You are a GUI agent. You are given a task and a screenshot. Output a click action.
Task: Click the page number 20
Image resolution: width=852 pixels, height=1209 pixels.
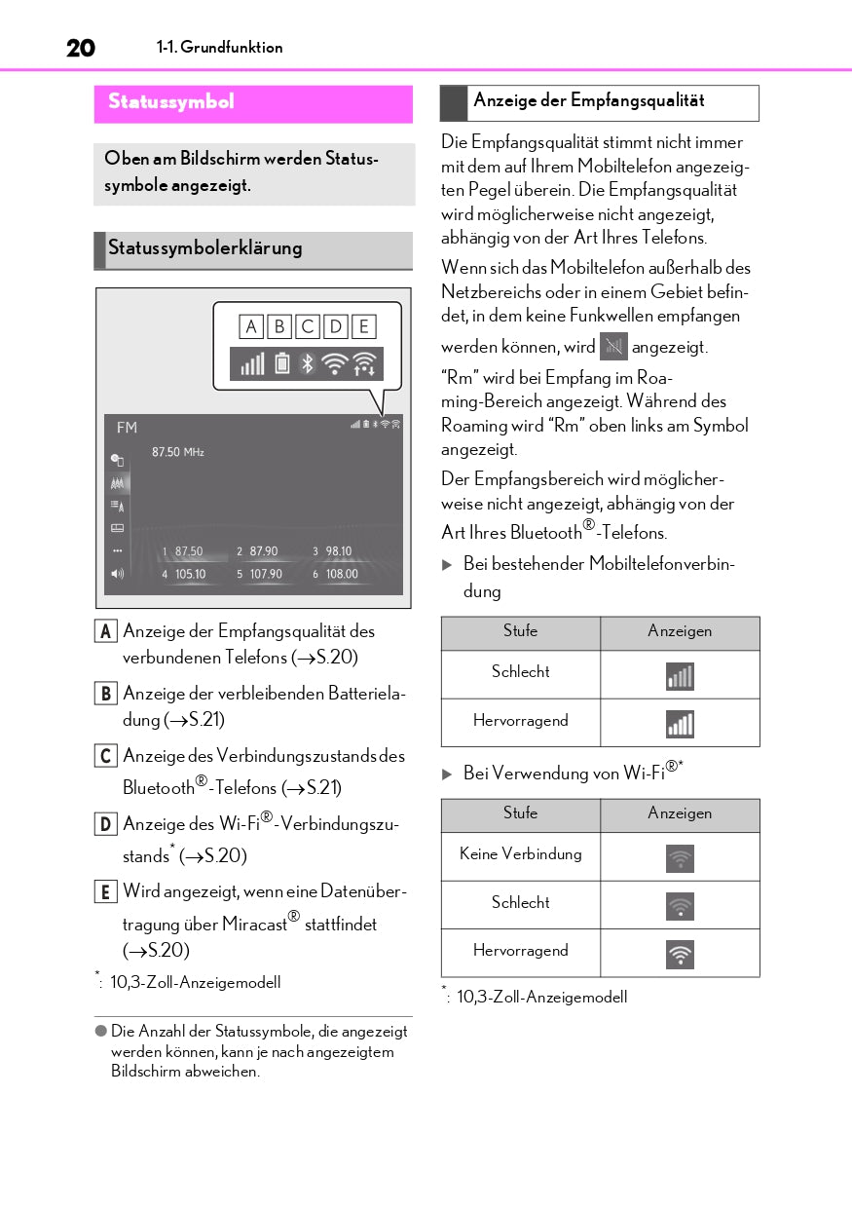click(80, 48)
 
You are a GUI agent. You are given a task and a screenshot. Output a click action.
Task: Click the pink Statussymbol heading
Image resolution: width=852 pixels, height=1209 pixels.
click(171, 102)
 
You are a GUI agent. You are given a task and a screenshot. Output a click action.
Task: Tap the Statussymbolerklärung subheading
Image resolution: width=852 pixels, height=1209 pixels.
click(205, 248)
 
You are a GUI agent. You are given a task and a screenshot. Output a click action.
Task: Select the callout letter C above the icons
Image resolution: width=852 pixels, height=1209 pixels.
click(308, 326)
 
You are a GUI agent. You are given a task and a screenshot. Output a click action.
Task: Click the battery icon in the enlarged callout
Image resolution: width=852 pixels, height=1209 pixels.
click(281, 364)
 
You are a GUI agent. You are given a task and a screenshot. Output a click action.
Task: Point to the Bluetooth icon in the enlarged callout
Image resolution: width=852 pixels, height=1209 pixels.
click(307, 364)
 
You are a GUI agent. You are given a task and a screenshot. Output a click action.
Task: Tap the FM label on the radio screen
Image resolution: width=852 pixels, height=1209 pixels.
click(127, 428)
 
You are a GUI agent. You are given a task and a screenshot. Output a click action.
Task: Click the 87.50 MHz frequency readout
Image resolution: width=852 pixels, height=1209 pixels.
click(178, 452)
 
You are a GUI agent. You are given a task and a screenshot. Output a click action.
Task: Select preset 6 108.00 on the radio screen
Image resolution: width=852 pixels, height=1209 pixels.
click(335, 575)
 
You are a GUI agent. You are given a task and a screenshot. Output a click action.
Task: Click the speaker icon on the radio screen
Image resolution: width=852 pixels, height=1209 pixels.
click(118, 574)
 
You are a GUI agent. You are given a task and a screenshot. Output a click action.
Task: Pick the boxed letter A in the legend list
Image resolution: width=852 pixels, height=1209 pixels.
click(104, 631)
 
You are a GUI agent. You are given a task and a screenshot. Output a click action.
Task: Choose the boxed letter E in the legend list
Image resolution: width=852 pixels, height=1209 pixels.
click(104, 891)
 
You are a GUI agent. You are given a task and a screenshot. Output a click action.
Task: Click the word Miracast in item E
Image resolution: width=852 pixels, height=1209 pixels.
click(255, 925)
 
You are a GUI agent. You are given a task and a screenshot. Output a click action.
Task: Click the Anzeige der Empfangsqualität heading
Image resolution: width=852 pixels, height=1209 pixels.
click(588, 101)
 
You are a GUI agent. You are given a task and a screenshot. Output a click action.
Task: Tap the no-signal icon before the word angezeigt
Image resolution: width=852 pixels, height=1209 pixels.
click(613, 346)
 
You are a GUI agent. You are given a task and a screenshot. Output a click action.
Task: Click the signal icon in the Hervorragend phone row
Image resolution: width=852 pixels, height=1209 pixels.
click(680, 723)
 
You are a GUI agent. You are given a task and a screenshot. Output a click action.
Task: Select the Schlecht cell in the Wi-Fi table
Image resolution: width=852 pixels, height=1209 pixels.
click(520, 903)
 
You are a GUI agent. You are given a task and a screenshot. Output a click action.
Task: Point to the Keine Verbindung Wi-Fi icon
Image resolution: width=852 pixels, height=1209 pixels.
click(680, 857)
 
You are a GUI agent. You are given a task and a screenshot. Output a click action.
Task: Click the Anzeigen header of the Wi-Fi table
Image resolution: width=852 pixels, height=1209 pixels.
click(680, 813)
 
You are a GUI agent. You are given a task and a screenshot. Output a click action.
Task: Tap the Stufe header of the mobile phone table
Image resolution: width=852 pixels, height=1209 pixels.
click(520, 631)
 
